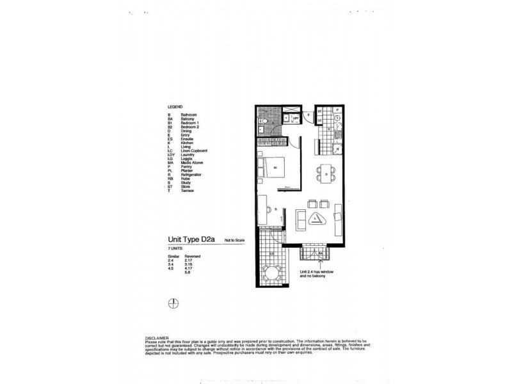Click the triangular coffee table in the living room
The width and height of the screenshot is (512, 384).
317,220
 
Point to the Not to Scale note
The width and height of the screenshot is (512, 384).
234,240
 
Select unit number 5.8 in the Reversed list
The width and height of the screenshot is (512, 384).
188,273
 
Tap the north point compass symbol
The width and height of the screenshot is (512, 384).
171,305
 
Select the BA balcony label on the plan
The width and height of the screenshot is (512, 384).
321,253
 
